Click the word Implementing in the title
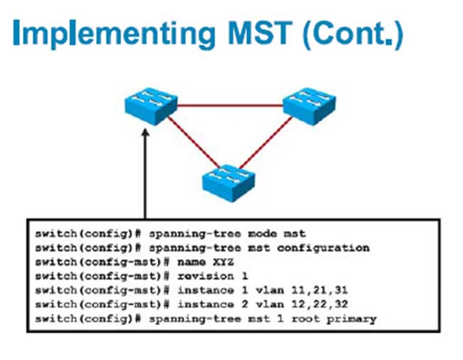click(114, 34)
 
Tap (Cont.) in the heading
click(353, 34)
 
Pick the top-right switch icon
click(309, 106)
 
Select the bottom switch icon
click(228, 183)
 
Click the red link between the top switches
click(230, 105)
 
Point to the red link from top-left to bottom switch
click(194, 142)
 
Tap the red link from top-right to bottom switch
click(266, 142)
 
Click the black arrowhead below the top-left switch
click(145, 132)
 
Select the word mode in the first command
click(263, 234)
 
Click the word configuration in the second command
click(323, 249)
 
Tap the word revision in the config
click(206, 277)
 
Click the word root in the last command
click(306, 319)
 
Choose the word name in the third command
click(192, 262)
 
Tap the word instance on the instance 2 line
click(206, 304)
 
